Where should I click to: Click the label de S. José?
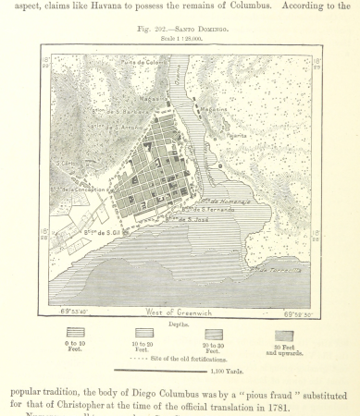tap(185, 219)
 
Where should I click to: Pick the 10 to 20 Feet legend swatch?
tap(144, 332)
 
